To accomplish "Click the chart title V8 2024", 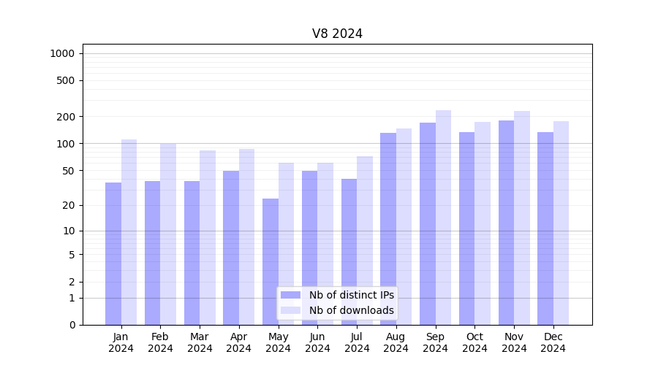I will tap(337, 34).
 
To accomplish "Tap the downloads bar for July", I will tap(365, 240).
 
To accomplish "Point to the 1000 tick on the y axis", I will tap(62, 53).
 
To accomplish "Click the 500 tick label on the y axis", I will tap(66, 80).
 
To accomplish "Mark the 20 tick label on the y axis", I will tap(69, 205).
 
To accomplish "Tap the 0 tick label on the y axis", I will tap(72, 325).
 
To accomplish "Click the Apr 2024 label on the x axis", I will tap(239, 342).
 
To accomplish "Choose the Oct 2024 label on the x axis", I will tap(474, 342).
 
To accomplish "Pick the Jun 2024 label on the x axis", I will tap(317, 342).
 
